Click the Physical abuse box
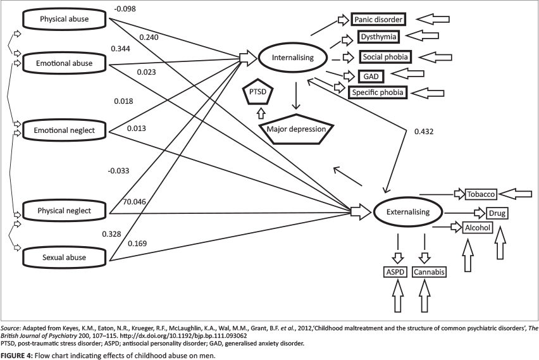pos(64,20)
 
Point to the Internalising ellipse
pos(294,58)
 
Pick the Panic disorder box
pos(378,20)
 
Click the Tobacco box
pos(481,194)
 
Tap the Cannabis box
pos(430,272)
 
